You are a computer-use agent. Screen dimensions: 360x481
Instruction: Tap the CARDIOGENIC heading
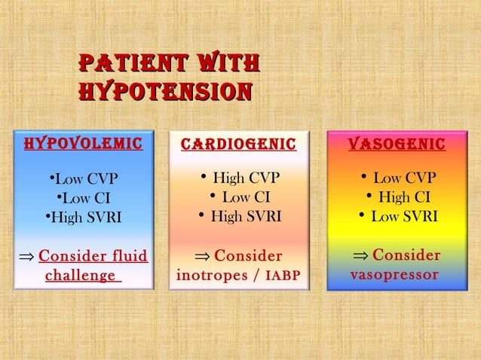[x=238, y=144]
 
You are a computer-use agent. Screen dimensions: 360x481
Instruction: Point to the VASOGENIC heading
[x=397, y=144]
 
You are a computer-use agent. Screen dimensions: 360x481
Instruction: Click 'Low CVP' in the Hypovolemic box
[x=84, y=179]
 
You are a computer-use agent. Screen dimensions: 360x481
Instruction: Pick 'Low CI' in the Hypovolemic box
[x=84, y=199]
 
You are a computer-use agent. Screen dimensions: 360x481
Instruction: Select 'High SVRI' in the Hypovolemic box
[x=84, y=218]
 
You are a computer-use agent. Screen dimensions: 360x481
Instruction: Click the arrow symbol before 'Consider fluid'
[x=25, y=257]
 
